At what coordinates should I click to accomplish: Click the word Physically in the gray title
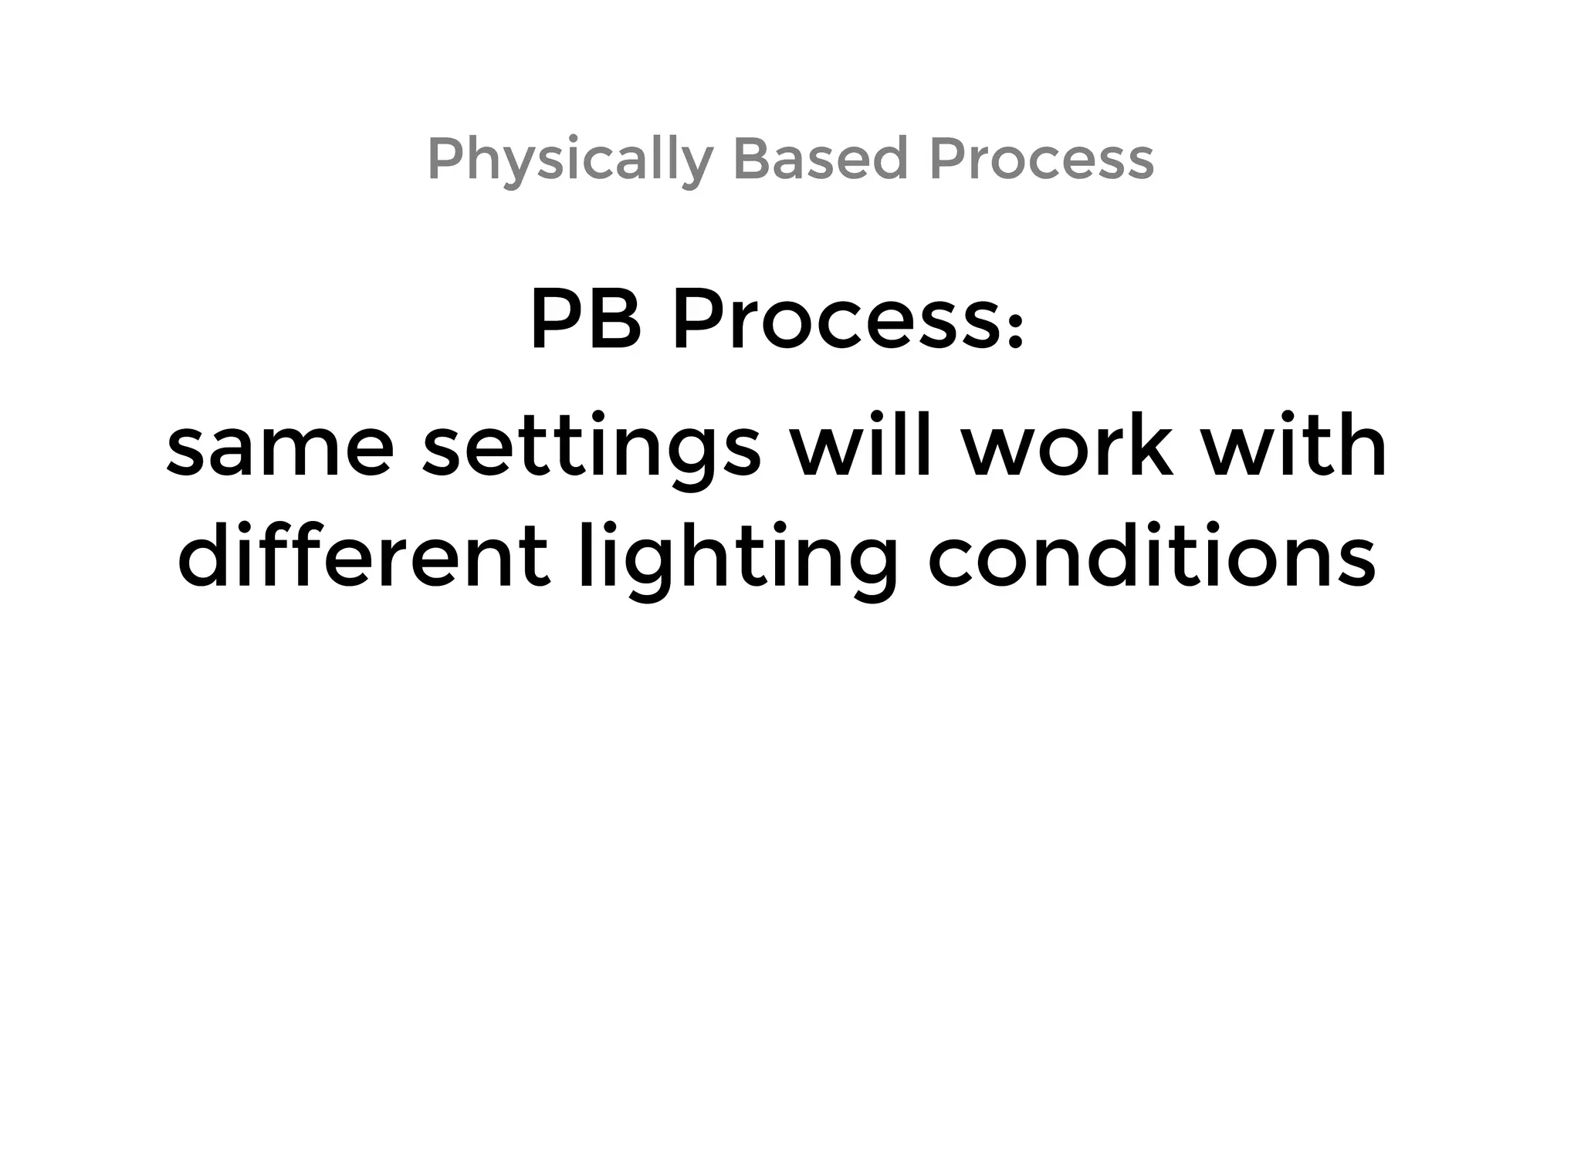pos(570,160)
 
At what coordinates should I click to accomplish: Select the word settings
pos(592,451)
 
